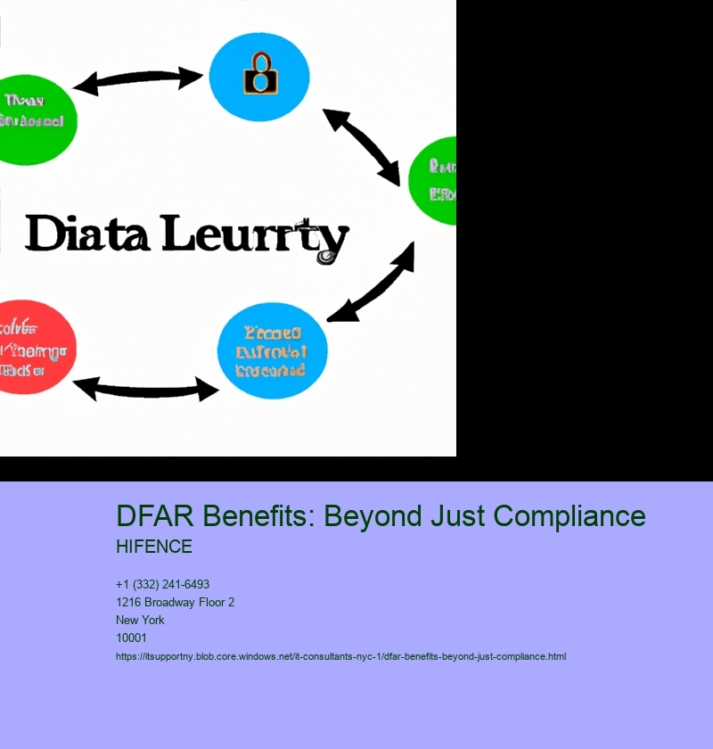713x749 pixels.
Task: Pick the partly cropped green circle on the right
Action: [x=435, y=180]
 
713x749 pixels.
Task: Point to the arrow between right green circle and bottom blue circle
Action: [x=373, y=282]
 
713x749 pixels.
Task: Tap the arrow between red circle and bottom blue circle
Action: [x=145, y=388]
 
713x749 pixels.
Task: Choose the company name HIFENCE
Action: [x=153, y=547]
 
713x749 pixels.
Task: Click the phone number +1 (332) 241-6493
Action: [x=162, y=585]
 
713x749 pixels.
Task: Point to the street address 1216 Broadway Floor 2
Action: [x=175, y=603]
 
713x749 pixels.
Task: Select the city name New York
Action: [x=140, y=621]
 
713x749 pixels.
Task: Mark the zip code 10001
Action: [x=131, y=638]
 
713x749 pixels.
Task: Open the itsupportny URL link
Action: [x=340, y=657]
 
